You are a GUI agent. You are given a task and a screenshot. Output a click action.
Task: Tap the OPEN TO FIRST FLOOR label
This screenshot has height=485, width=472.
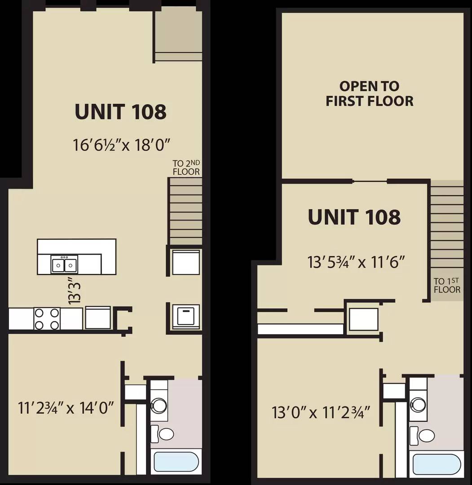click(370, 93)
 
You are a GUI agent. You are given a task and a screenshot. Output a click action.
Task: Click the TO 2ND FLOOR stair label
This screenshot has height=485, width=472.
click(186, 168)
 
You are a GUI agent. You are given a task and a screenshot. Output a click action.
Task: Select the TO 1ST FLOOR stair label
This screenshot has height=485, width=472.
click(447, 286)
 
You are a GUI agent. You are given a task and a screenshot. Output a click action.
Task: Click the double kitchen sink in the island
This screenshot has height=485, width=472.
click(64, 264)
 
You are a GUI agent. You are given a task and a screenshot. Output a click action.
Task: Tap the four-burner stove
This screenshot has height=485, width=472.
click(47, 318)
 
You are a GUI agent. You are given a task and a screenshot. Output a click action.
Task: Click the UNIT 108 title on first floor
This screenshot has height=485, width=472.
click(120, 111)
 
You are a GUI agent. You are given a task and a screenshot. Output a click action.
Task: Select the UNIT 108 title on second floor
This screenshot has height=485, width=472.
click(354, 217)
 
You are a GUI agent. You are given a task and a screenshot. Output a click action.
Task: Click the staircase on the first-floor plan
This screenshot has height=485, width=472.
click(185, 211)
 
